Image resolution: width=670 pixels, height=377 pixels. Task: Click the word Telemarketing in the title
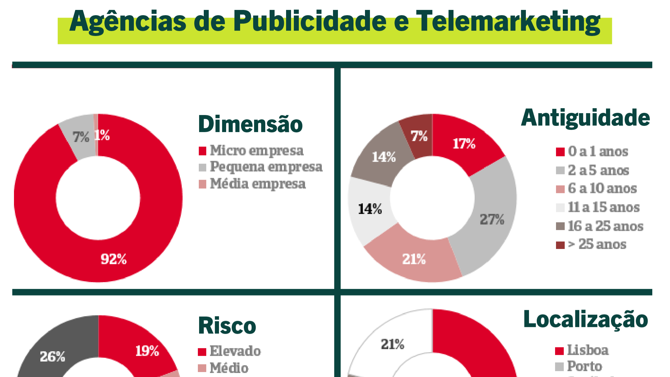tap(508, 22)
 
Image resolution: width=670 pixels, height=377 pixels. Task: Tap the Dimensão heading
tap(250, 124)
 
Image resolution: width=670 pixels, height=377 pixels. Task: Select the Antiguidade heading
tap(585, 118)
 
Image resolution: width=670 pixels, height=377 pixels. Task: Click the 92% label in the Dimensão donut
tap(114, 259)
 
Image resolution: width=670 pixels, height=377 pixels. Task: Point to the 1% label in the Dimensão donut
tap(102, 135)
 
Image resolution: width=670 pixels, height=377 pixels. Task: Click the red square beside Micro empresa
tap(203, 151)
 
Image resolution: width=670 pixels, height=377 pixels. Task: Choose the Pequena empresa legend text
tap(266, 167)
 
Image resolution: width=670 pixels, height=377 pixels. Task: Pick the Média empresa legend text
tap(258, 184)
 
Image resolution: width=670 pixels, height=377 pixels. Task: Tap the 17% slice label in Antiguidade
tap(464, 144)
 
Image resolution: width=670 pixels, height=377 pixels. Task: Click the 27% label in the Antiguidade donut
tap(492, 219)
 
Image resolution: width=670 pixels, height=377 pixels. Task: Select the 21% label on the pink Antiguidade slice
tap(414, 259)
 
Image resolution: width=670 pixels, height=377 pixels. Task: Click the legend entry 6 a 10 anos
tap(602, 188)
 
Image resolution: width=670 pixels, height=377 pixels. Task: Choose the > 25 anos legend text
tap(597, 244)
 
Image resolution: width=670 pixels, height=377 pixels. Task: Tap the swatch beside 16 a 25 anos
tap(560, 226)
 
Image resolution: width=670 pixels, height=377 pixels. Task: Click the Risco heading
tap(227, 326)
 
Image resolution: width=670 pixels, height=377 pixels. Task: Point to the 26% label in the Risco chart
tap(52, 356)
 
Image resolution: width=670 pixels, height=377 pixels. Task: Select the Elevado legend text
tap(235, 351)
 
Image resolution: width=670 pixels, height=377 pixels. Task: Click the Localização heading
tap(586, 319)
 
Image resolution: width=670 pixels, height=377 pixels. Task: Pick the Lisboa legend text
tap(588, 350)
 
